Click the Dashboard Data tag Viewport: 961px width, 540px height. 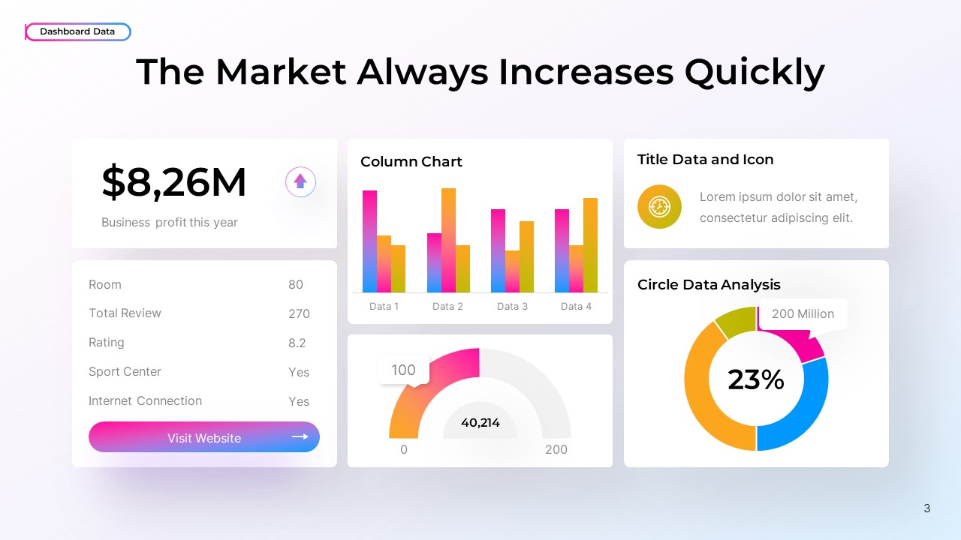coord(78,31)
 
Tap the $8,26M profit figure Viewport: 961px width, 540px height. coord(174,182)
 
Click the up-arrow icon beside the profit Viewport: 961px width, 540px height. coord(300,181)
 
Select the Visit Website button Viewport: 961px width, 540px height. coord(204,437)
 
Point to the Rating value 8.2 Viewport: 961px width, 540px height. coord(297,343)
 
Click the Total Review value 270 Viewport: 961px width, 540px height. coord(299,313)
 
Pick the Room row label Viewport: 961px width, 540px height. coord(105,284)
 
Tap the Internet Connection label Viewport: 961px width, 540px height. coord(145,400)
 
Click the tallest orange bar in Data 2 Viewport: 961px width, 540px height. coord(448,240)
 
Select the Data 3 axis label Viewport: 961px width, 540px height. coord(512,306)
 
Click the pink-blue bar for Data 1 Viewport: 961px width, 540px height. coord(369,241)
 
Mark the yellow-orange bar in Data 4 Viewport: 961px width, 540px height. coord(590,245)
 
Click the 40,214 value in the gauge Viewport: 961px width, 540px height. coord(480,423)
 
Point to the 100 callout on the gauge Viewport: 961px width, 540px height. coord(403,370)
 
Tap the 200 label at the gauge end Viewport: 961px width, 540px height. coord(556,449)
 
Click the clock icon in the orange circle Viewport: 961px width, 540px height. coord(659,206)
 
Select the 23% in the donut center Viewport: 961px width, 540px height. coord(756,379)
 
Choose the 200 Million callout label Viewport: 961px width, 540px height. coord(803,313)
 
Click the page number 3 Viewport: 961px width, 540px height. coord(927,508)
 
